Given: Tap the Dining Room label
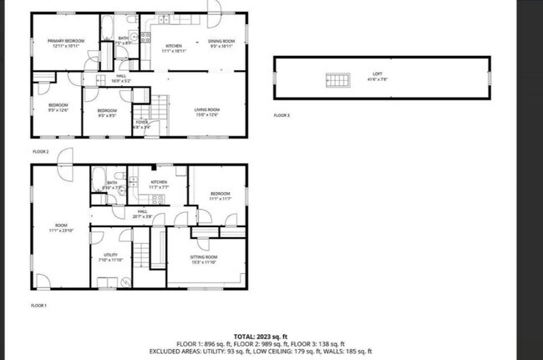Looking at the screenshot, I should [x=221, y=43].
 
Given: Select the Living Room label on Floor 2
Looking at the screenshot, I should [x=207, y=111].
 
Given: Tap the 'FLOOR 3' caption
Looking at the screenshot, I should [x=282, y=115].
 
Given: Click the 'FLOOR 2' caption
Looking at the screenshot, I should [x=41, y=151].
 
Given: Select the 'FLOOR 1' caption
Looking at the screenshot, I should [x=39, y=305].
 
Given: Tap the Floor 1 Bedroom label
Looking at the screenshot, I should [x=220, y=196].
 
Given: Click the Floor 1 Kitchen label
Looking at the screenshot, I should [x=159, y=184].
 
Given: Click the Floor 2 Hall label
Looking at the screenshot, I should [x=121, y=79].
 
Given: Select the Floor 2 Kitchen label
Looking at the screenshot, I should [x=174, y=48].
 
